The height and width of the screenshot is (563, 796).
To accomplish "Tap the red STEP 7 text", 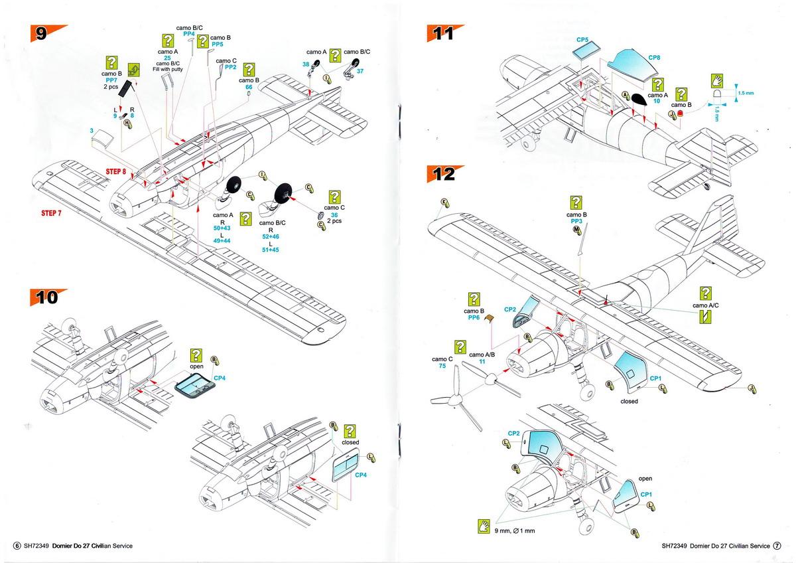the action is click(51, 213).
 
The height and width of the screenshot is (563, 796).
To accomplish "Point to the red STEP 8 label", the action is click(116, 171).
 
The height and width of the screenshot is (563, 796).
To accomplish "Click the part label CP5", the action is click(582, 40).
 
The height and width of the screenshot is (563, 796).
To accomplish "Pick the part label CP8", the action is click(654, 58).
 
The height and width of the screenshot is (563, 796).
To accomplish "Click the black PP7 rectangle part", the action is click(126, 88).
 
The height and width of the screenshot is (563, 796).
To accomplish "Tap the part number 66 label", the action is click(249, 87).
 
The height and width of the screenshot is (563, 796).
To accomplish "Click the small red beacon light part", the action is click(681, 114).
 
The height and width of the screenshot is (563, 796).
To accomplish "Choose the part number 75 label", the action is click(442, 366).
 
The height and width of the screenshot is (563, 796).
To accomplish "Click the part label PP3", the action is click(576, 221).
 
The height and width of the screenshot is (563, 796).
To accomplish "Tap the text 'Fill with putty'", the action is click(168, 69).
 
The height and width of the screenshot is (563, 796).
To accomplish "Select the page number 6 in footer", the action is click(17, 546).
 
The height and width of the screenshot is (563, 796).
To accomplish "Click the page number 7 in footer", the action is click(777, 546).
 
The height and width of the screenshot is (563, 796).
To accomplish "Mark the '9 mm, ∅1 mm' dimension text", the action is click(515, 531).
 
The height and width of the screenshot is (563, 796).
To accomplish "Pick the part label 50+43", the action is click(222, 228).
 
